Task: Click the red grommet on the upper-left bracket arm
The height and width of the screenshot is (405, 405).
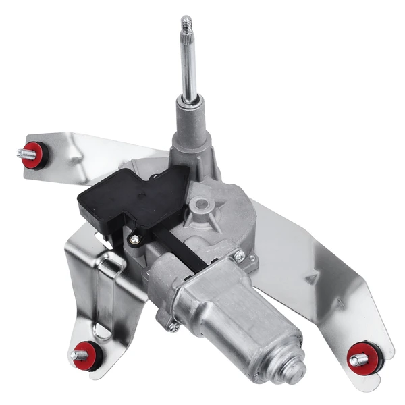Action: (35, 155)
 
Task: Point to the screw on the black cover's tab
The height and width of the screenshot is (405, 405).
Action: (136, 238)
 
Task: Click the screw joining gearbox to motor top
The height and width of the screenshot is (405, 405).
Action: (238, 254)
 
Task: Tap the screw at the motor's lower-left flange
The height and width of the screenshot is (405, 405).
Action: (173, 327)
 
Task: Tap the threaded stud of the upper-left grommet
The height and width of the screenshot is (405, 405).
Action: (22, 153)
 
